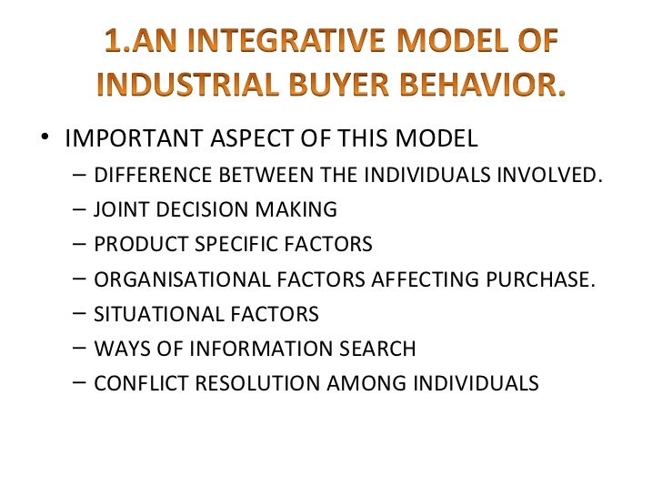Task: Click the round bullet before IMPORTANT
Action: click(46, 139)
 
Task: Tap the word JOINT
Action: click(119, 209)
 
